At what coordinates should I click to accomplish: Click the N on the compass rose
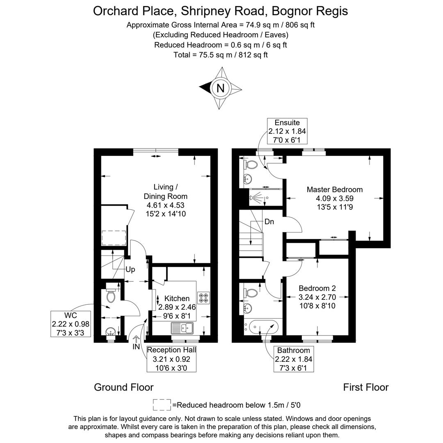click(x=221, y=88)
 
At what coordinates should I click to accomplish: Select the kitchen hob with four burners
click(x=203, y=298)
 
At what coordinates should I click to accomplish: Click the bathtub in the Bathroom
click(x=262, y=327)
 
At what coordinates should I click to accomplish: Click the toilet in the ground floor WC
click(x=110, y=295)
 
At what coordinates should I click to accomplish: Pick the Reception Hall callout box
click(x=171, y=359)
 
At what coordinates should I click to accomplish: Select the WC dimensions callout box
click(x=71, y=324)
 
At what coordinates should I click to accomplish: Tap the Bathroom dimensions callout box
click(x=293, y=359)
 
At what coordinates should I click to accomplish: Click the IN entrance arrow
click(x=136, y=343)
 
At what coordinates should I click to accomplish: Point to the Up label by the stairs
click(x=130, y=269)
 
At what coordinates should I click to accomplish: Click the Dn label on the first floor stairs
click(x=269, y=222)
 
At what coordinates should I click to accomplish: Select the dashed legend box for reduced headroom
click(x=162, y=405)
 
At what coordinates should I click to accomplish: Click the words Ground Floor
click(x=123, y=387)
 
